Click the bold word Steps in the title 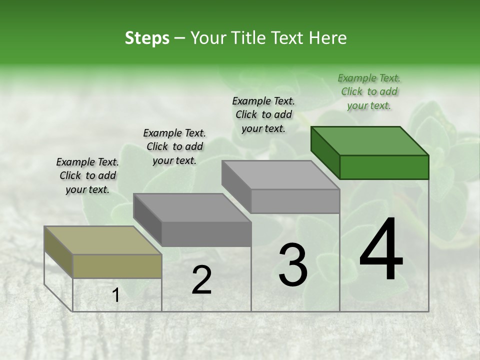pyautogui.click(x=147, y=38)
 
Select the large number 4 pyautogui.click(x=381, y=250)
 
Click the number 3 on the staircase pyautogui.click(x=293, y=265)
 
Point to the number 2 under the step pyautogui.click(x=201, y=280)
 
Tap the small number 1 pyautogui.click(x=116, y=295)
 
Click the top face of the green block pyautogui.click(x=370, y=141)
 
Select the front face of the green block pyautogui.click(x=384, y=167)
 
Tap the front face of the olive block pyautogui.click(x=117, y=266)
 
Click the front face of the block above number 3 pyautogui.click(x=295, y=201)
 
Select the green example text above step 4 pyautogui.click(x=369, y=91)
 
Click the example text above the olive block pyautogui.click(x=87, y=175)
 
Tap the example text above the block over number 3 pyautogui.click(x=263, y=114)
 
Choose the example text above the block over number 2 pyautogui.click(x=174, y=146)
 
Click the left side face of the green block pyautogui.click(x=325, y=153)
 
